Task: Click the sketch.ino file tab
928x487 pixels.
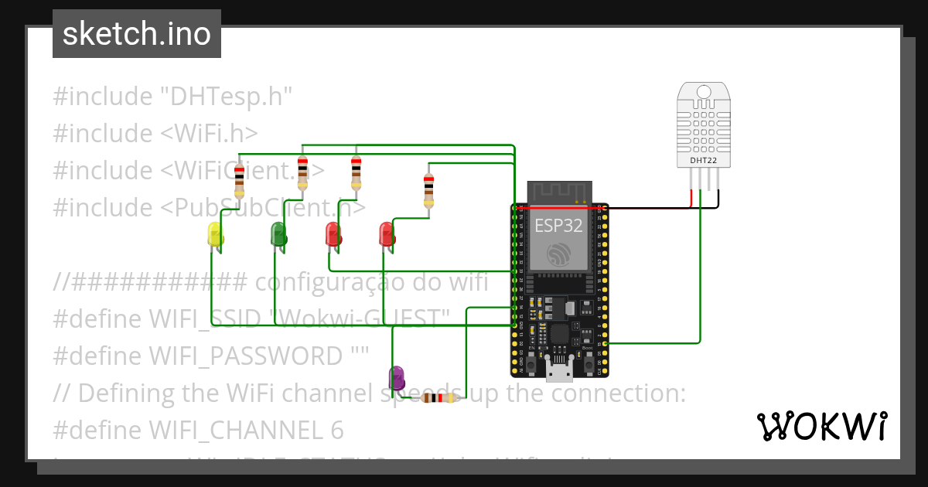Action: coord(137,34)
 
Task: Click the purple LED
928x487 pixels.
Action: coord(396,377)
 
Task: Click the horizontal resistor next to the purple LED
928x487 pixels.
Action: coord(441,398)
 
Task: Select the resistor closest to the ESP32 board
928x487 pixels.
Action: coord(428,189)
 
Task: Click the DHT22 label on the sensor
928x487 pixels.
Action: coord(703,161)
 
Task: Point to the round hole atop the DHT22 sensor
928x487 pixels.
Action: coord(703,92)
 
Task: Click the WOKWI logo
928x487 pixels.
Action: coord(821,426)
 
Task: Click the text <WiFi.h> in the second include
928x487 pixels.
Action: coord(209,133)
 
